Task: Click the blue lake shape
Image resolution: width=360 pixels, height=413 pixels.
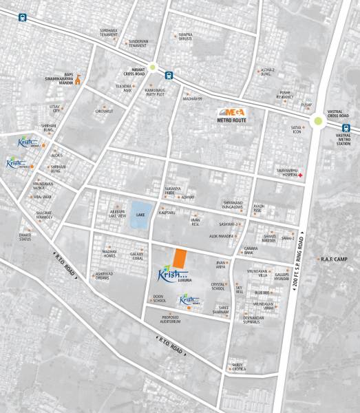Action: [141, 213]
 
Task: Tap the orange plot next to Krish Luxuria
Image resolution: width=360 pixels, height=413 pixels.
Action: [179, 259]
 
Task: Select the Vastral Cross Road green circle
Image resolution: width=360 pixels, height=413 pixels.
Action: [317, 123]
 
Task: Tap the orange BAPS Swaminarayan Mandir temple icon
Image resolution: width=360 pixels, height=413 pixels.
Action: [78, 78]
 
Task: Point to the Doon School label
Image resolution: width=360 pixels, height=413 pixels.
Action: [159, 299]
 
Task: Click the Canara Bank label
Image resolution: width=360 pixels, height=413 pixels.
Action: [250, 251]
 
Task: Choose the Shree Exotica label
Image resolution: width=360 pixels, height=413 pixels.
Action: [237, 366]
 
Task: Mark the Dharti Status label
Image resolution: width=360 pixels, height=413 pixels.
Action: [25, 237]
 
